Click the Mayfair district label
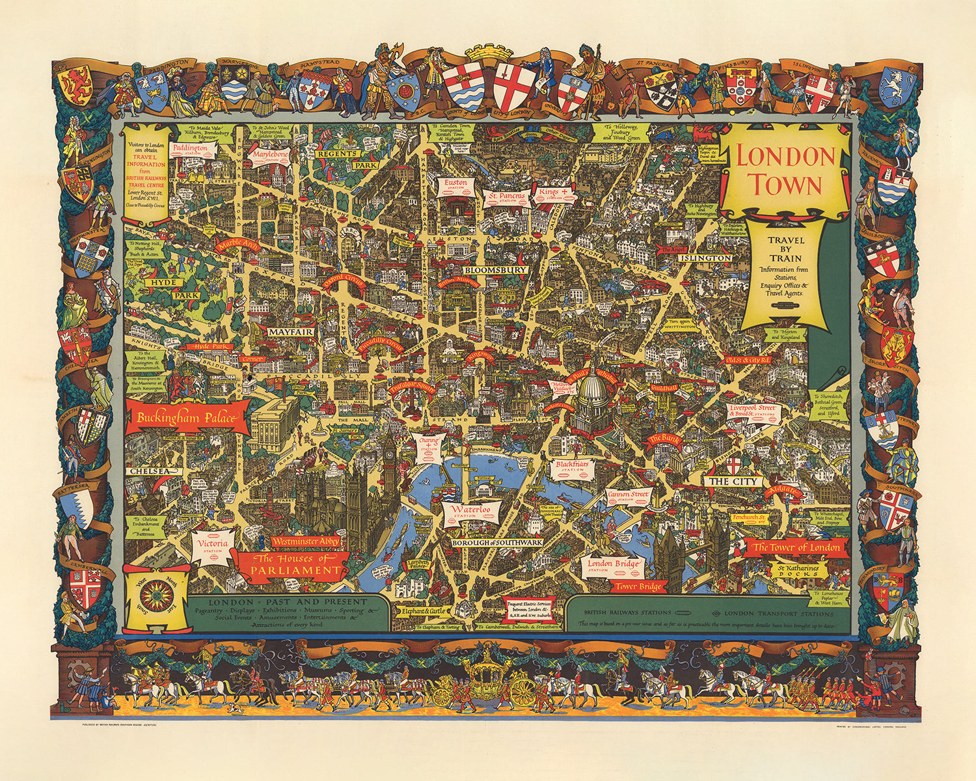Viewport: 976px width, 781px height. pyautogui.click(x=290, y=332)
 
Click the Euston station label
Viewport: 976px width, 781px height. pyautogui.click(x=455, y=185)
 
